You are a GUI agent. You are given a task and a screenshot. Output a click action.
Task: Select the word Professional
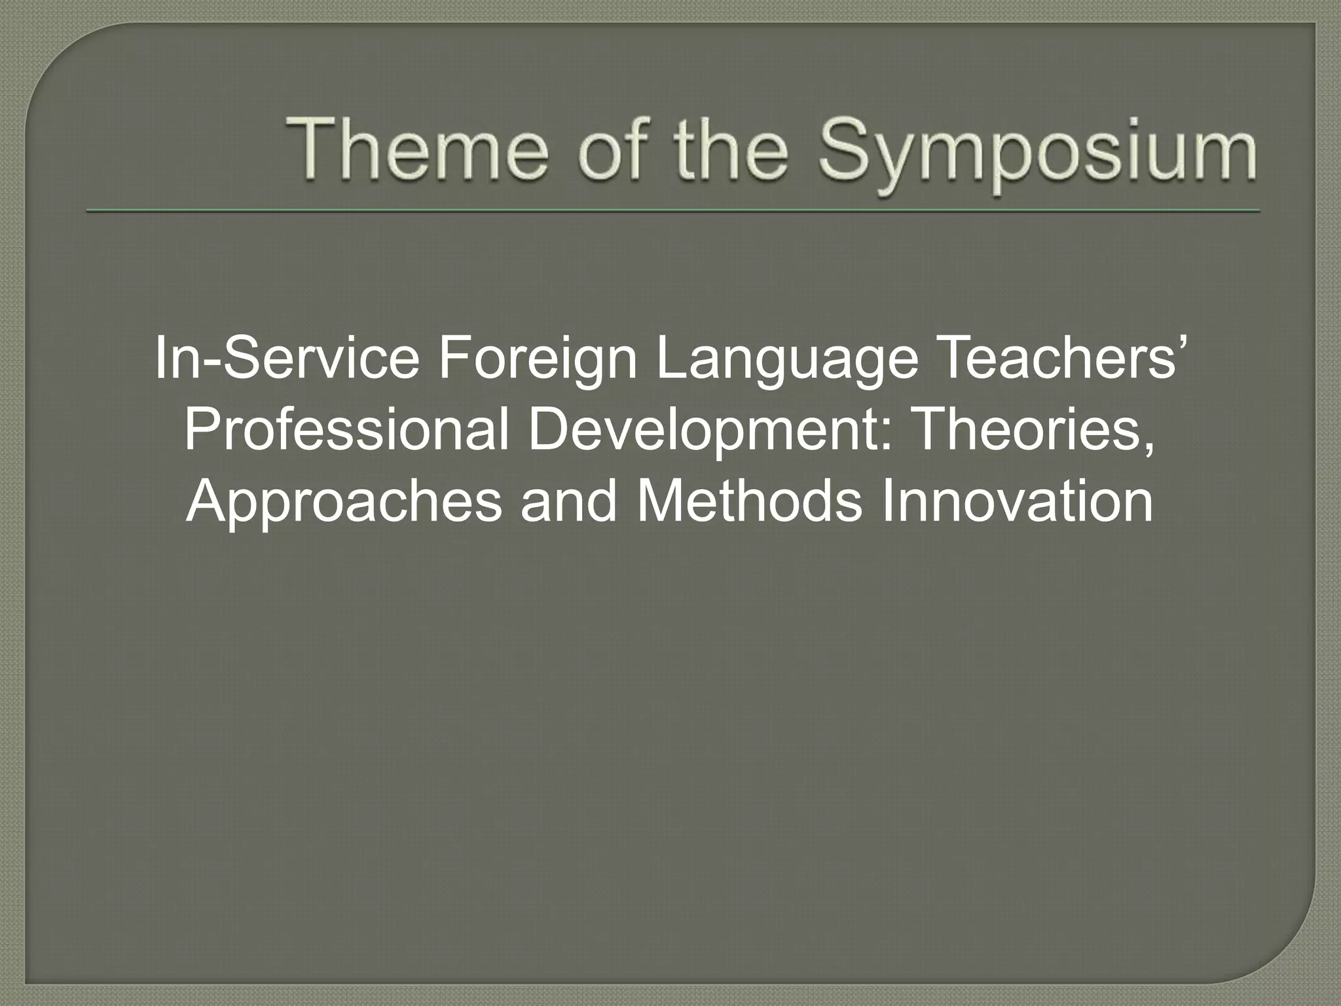[x=346, y=432]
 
